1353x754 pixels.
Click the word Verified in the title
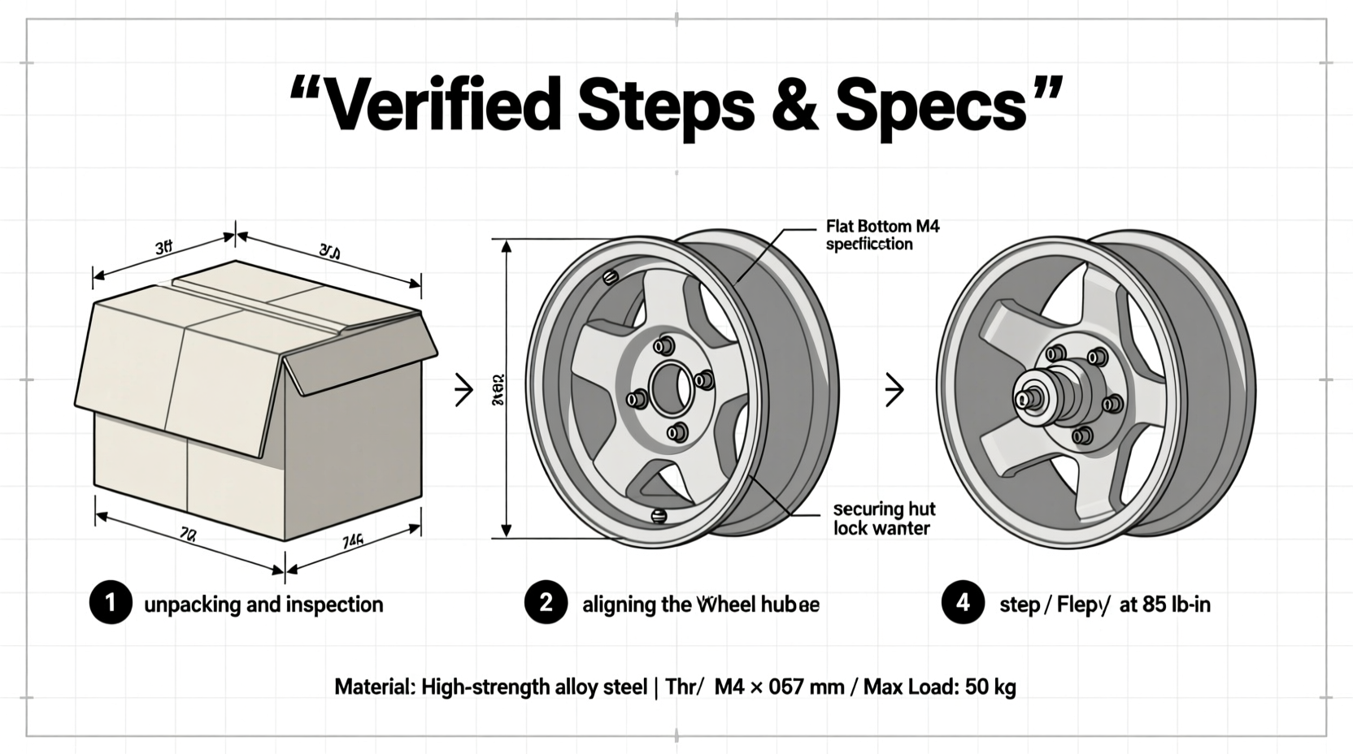tap(443, 103)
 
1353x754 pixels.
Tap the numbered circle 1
tap(111, 603)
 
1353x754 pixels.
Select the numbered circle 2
tap(546, 603)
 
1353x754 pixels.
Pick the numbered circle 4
tap(963, 603)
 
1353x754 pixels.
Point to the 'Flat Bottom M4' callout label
tap(882, 226)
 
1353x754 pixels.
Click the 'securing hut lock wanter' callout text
tap(884, 518)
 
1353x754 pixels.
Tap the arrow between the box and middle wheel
tap(463, 390)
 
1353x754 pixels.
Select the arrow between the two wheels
tap(894, 390)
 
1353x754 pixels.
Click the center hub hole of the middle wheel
tap(669, 388)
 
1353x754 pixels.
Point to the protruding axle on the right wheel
tap(1024, 399)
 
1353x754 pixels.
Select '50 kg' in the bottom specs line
tap(990, 687)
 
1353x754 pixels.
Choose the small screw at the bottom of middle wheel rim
tap(659, 515)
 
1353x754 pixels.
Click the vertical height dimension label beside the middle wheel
tap(497, 389)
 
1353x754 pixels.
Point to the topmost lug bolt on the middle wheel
tap(664, 345)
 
